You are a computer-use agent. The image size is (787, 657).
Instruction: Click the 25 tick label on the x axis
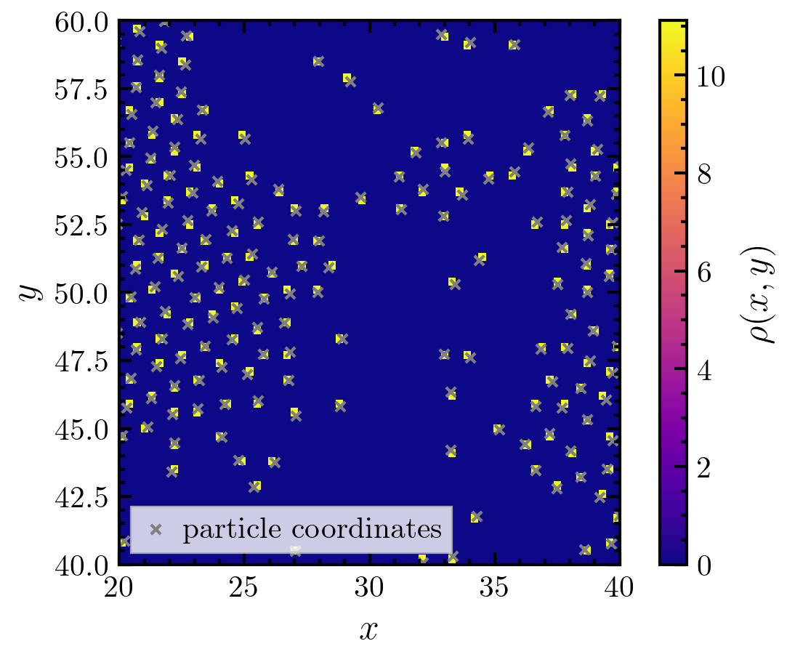click(x=243, y=588)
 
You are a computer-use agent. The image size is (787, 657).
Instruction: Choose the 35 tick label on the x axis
click(x=495, y=588)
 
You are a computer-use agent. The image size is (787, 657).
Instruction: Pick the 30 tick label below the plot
click(x=369, y=588)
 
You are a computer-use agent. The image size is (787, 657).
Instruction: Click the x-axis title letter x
click(x=369, y=629)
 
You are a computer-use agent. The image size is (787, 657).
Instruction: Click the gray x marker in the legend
click(x=155, y=530)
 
